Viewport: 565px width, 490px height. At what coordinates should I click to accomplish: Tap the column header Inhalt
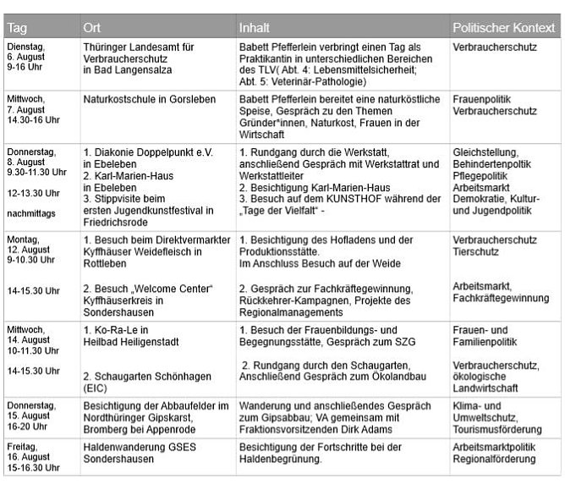(x=255, y=28)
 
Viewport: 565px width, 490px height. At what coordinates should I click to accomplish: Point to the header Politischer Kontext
(x=503, y=28)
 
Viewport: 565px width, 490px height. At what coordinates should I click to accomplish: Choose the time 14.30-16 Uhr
(x=31, y=121)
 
